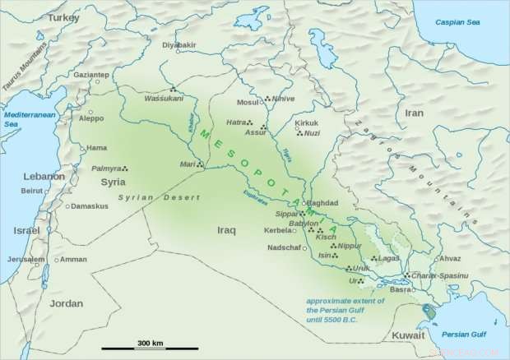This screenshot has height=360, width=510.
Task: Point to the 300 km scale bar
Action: click(150, 344)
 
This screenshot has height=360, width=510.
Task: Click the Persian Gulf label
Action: click(465, 334)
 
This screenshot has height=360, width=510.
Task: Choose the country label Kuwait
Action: click(408, 335)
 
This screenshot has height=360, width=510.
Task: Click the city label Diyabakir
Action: click(180, 44)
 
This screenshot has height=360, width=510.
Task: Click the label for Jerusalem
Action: click(25, 259)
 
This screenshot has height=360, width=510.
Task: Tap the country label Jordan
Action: click(66, 303)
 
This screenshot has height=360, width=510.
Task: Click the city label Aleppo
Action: click(90, 118)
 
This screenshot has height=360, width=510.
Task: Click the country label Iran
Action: click(414, 113)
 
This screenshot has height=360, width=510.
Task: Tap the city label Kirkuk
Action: click(306, 123)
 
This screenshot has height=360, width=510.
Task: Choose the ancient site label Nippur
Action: click(350, 245)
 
